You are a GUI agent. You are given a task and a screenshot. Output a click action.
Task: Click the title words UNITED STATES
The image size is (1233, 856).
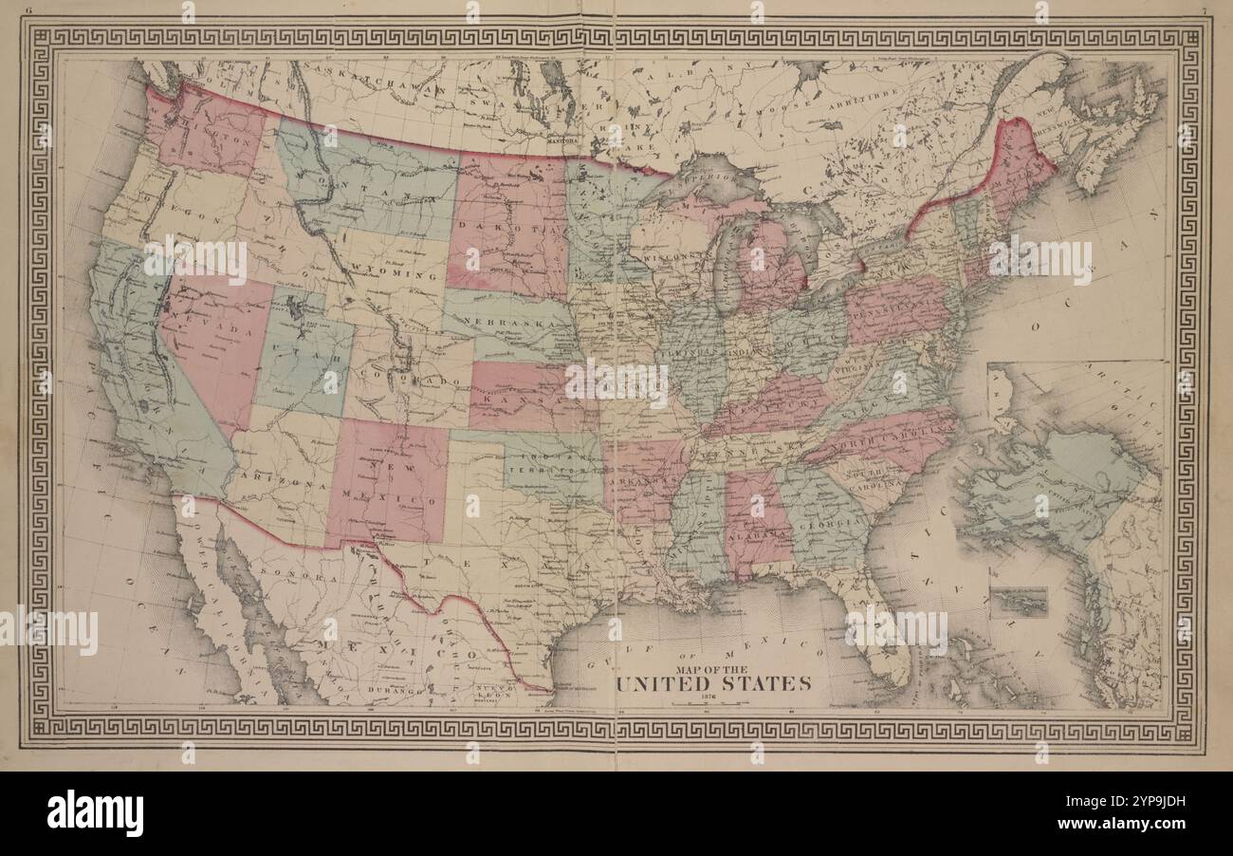click(713, 683)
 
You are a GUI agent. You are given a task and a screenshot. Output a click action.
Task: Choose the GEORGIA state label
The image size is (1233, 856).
click(821, 521)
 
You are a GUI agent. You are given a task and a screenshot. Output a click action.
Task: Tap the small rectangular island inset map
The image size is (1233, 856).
click(1018, 601)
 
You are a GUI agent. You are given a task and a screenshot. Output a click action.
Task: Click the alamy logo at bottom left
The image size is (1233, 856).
click(95, 813)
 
